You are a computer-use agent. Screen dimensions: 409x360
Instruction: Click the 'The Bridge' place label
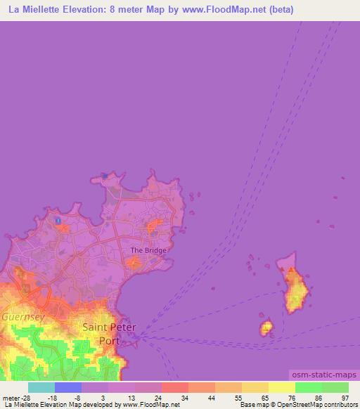tap(148, 250)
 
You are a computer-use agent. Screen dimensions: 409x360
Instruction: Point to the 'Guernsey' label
tap(22, 317)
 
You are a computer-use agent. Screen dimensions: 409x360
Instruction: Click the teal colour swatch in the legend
tap(41, 387)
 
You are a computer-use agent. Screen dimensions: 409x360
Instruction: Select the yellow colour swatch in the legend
tap(282, 387)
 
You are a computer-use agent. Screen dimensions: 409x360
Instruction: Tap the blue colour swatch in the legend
tap(68, 387)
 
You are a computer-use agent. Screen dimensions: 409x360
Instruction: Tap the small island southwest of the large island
tap(266, 327)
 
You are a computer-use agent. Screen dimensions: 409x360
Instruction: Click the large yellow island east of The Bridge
tap(296, 288)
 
